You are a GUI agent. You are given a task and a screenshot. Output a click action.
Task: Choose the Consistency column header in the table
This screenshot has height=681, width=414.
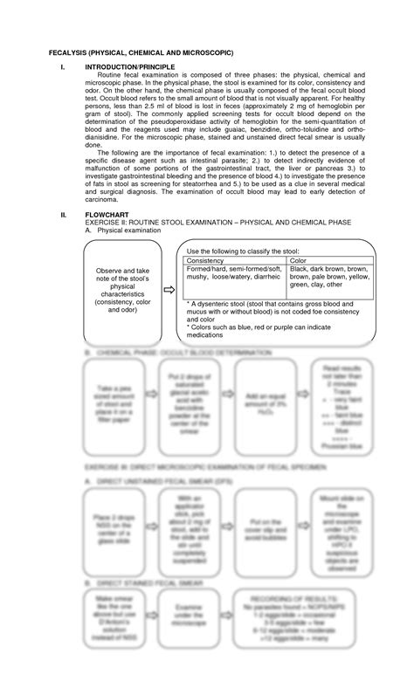pyautogui.click(x=205, y=260)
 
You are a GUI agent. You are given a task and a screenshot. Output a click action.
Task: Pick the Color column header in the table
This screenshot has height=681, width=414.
pyautogui.click(x=299, y=260)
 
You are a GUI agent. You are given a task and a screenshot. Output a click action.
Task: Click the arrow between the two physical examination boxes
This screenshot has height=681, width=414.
pyautogui.click(x=166, y=292)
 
